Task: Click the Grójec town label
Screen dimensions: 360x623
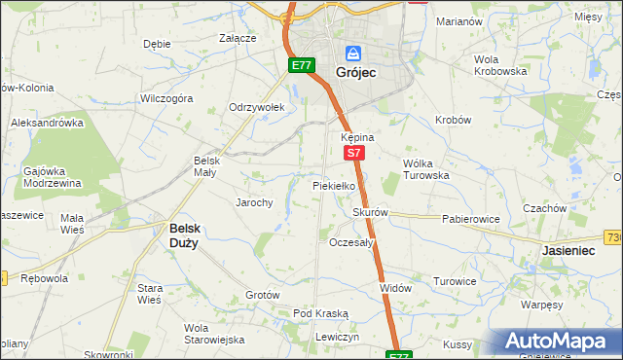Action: [x=355, y=73]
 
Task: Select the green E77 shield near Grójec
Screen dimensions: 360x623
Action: [x=301, y=65]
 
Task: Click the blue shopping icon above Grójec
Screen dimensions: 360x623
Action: [x=353, y=53]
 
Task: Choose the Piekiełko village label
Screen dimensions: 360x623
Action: [x=338, y=185]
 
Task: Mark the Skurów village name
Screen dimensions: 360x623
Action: [x=371, y=212]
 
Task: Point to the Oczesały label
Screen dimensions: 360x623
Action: [x=351, y=242]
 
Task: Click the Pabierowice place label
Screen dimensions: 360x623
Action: [x=470, y=219]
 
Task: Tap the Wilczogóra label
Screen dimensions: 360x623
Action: [x=166, y=98]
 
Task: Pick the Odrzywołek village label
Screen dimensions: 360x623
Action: [x=255, y=107]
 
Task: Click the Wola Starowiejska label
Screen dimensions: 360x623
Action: [x=213, y=334]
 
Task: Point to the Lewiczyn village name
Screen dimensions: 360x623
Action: [x=338, y=336]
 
